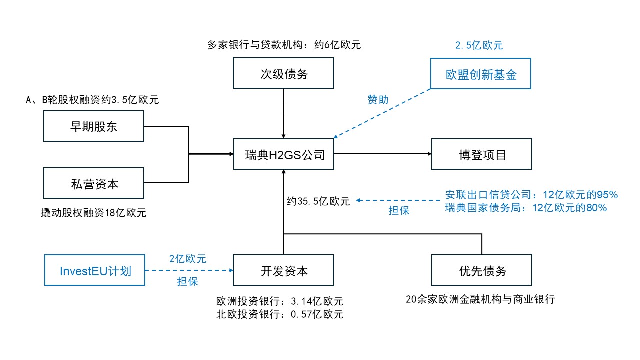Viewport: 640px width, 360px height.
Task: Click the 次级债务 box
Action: [x=284, y=74]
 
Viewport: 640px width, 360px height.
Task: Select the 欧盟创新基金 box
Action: [x=481, y=74]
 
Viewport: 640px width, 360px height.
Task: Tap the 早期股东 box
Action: [x=94, y=126]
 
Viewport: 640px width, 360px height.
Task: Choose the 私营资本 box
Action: [x=94, y=183]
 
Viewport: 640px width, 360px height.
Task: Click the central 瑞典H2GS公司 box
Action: [x=284, y=155]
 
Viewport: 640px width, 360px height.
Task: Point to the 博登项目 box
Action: [x=482, y=155]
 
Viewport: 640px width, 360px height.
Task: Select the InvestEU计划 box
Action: [x=95, y=271]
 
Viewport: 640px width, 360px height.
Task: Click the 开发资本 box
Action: [x=284, y=271]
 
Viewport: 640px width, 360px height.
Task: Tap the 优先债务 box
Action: [x=482, y=271]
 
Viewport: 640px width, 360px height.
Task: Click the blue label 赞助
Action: [x=378, y=100]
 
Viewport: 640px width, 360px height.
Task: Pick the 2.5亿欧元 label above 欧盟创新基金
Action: [x=479, y=45]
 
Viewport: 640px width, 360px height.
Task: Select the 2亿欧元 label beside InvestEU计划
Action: [x=188, y=259]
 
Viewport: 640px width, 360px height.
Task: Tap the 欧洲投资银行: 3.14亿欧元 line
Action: [x=280, y=301]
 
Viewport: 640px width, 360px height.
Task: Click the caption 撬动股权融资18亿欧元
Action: [x=93, y=213]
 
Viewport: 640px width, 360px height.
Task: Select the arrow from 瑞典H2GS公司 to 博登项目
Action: [x=382, y=154]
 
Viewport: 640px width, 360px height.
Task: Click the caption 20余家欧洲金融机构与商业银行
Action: [x=480, y=300]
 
